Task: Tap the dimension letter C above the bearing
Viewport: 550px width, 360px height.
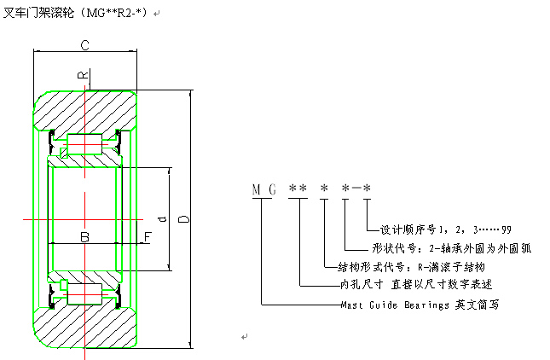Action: (x=85, y=45)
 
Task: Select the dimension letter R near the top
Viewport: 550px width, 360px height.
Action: (x=83, y=75)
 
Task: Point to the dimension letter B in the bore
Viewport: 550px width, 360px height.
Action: (x=84, y=236)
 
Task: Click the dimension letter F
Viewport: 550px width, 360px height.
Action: (x=147, y=236)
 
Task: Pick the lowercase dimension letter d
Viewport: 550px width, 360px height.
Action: (x=160, y=217)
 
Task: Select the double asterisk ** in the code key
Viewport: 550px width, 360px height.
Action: (x=297, y=189)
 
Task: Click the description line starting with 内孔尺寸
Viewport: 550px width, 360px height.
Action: (x=415, y=284)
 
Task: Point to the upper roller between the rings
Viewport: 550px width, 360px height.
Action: (x=84, y=141)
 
